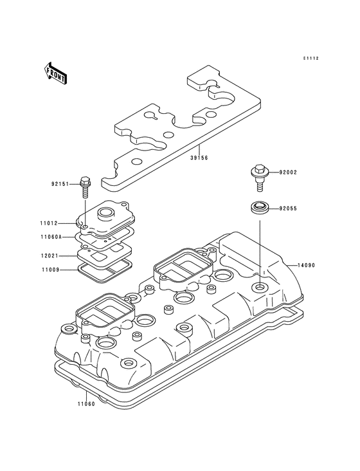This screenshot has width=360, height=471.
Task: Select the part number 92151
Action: pos(60,183)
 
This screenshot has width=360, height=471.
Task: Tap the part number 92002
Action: pos(289,173)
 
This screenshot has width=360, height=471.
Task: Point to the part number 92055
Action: pos(289,208)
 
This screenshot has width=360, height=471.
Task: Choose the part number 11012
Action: pos(49,224)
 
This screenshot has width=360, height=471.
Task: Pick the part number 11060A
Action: pos(51,237)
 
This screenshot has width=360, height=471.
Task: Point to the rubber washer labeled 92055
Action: pos(258,208)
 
